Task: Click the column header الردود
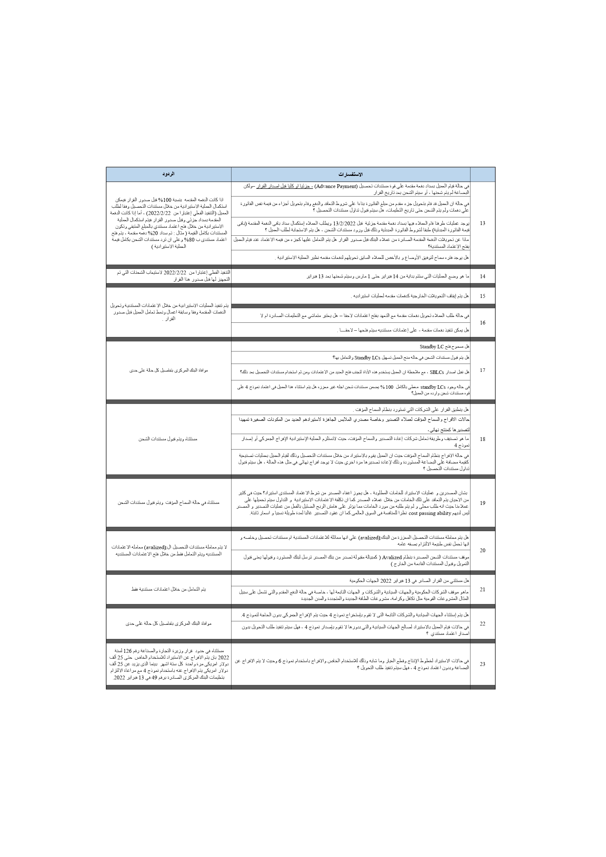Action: (168, 174)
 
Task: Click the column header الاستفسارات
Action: (350, 174)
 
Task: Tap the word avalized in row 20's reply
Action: (154, 547)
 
